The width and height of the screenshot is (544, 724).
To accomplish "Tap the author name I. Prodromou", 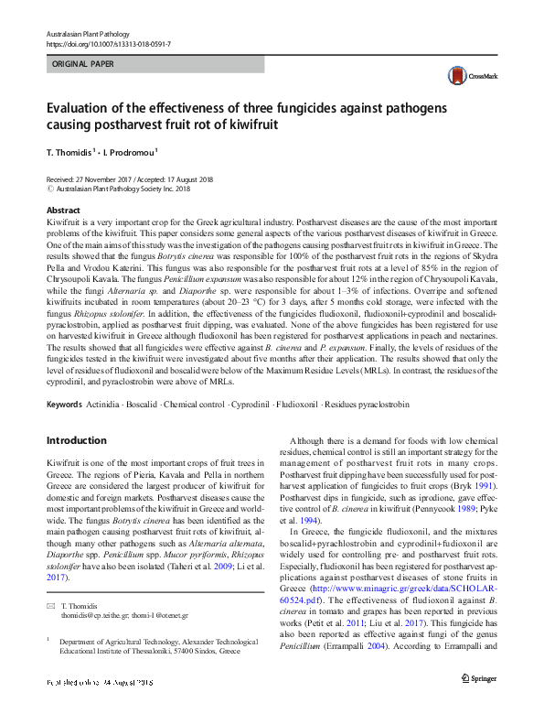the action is click(133, 153).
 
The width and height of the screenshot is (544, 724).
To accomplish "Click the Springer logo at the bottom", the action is click(479, 703).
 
